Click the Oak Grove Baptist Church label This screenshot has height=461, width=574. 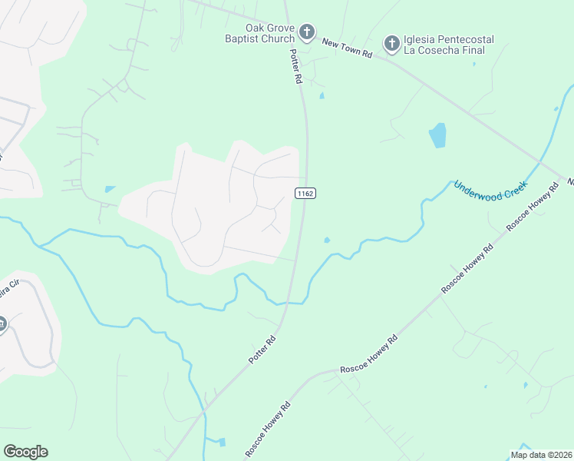[x=259, y=33]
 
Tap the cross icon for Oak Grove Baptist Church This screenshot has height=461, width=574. [x=307, y=32]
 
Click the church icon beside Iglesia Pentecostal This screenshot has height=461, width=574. [x=391, y=43]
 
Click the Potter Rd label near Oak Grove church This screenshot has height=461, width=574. [x=295, y=68]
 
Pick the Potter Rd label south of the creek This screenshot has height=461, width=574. [x=262, y=350]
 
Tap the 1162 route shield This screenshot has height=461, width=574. [x=305, y=193]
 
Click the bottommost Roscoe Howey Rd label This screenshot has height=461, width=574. [x=268, y=429]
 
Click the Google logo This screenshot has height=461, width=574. [x=25, y=452]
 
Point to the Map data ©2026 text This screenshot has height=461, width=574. [x=541, y=455]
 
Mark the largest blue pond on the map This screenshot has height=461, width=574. [x=437, y=135]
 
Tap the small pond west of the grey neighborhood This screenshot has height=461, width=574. [x=110, y=189]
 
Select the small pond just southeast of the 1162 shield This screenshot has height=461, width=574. [x=327, y=240]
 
